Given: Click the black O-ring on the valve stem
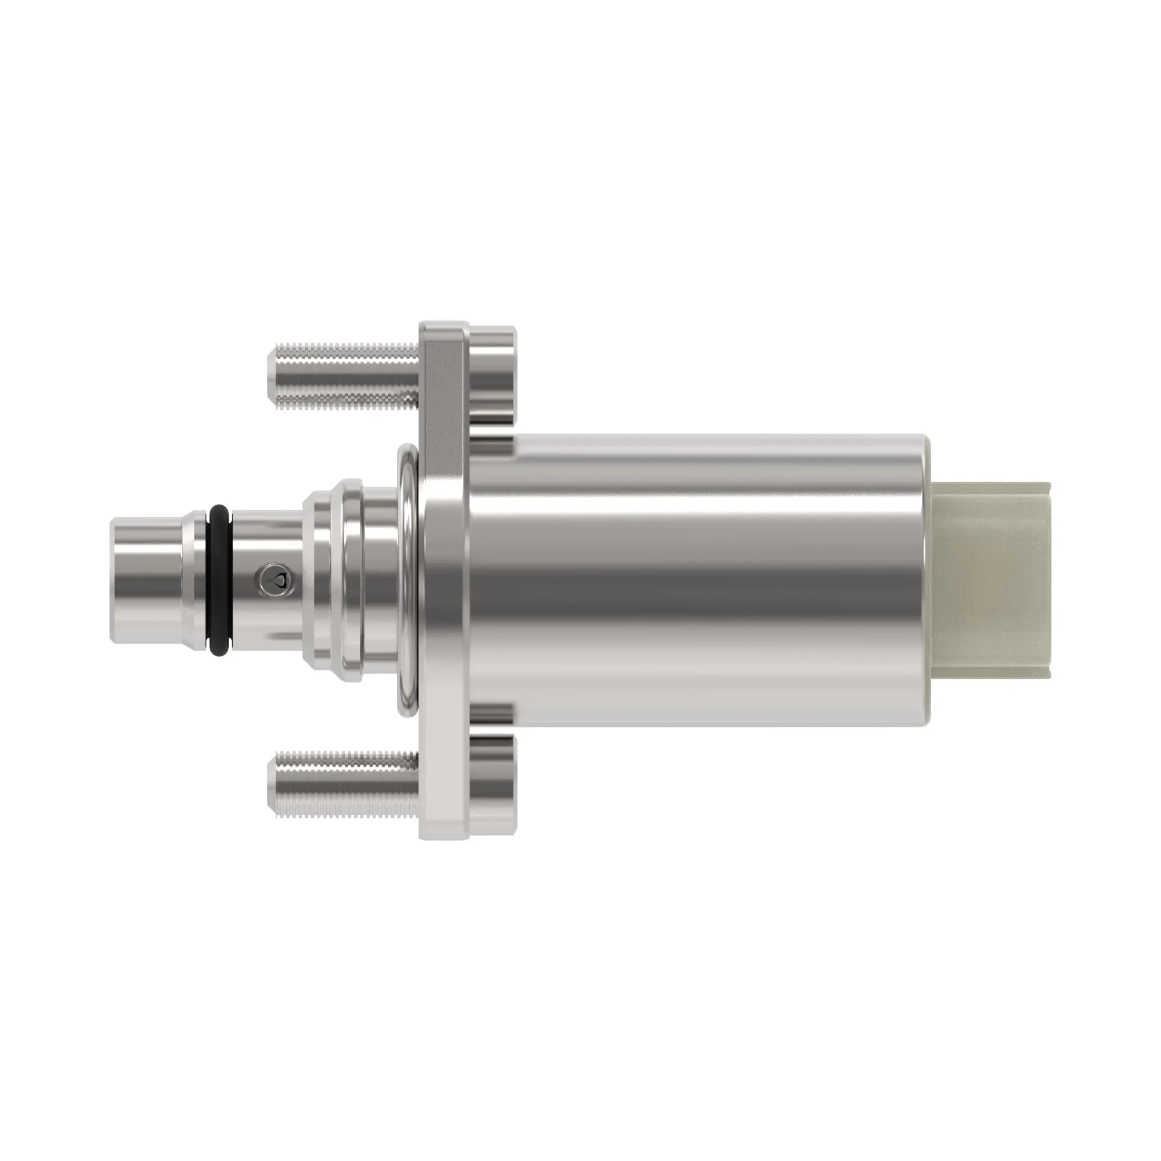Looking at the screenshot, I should click(219, 579).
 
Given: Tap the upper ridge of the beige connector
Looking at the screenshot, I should click(991, 490).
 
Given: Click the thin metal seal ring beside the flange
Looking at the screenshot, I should click(408, 580).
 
